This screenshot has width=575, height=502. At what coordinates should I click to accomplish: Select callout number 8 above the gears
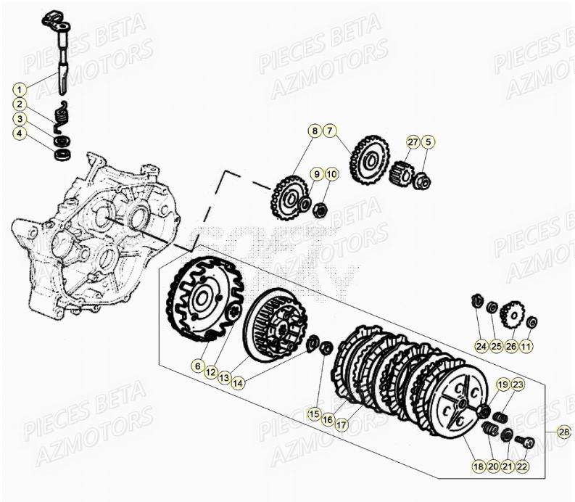(314, 131)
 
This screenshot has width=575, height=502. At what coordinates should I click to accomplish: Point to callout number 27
(413, 142)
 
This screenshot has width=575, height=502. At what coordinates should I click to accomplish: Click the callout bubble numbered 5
(429, 142)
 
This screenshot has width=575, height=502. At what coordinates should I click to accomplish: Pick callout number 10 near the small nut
(331, 174)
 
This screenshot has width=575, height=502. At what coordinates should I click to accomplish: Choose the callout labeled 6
(197, 367)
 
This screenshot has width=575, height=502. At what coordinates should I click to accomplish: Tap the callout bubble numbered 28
(564, 433)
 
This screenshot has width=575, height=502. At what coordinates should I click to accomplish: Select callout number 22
(522, 467)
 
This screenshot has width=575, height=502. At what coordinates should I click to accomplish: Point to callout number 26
(511, 347)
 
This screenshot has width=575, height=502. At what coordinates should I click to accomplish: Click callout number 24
(481, 347)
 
